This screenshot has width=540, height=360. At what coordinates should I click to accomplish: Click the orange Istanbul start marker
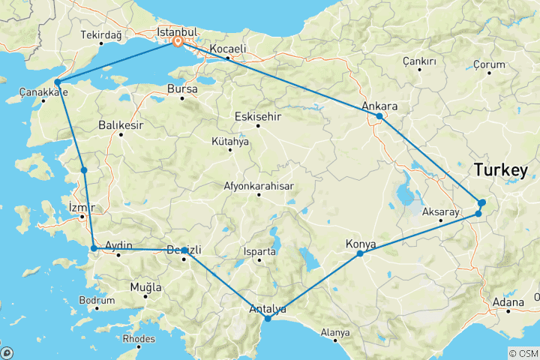click(x=178, y=42)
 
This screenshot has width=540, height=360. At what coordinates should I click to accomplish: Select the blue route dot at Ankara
click(x=379, y=116)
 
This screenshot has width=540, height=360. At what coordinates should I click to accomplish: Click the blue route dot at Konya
click(x=360, y=253)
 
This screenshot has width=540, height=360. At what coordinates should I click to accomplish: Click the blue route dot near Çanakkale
click(x=57, y=82)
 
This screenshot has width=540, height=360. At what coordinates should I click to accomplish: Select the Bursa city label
click(x=183, y=88)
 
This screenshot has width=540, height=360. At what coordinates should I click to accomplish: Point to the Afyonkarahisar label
click(x=258, y=186)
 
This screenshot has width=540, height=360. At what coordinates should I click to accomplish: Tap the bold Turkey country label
click(x=500, y=171)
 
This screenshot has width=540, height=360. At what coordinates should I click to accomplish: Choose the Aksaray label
click(x=440, y=212)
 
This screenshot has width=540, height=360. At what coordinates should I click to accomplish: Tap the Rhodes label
click(x=139, y=338)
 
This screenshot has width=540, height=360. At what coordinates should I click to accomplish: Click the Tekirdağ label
click(x=100, y=34)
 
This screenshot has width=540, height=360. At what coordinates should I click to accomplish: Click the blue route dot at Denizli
click(x=184, y=250)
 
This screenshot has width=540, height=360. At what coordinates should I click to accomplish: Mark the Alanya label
click(x=334, y=332)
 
